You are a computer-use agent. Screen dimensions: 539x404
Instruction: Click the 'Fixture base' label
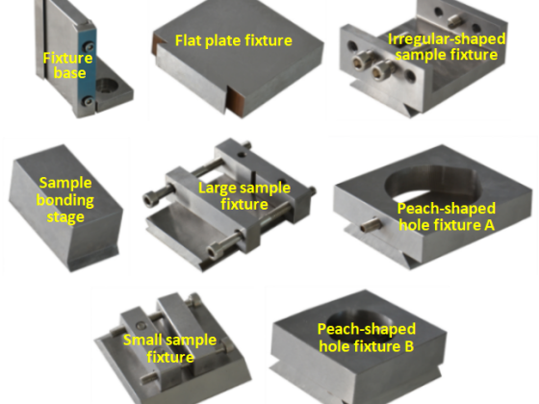click(x=68, y=65)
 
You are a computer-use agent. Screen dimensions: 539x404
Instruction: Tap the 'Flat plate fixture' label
click(x=233, y=40)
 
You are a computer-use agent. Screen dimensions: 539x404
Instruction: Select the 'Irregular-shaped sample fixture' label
click(x=447, y=47)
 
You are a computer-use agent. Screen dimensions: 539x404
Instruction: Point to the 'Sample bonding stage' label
click(x=65, y=200)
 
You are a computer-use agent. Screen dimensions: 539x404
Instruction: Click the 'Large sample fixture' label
click(x=244, y=196)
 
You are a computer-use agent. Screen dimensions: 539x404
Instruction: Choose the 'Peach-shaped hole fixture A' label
click(x=447, y=216)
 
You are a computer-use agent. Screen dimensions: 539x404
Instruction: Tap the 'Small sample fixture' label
click(x=169, y=348)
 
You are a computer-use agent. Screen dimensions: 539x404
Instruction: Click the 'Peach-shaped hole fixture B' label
click(x=367, y=338)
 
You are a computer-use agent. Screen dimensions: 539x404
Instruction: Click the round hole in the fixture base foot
click(x=106, y=86)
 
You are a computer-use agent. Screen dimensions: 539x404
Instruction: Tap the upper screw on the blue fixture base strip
click(x=89, y=46)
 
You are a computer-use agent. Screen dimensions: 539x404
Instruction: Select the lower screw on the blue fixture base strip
click(x=88, y=101)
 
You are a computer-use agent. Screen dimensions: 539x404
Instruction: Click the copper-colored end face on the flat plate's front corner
click(x=236, y=100)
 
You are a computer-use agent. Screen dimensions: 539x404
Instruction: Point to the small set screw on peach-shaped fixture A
click(x=372, y=225)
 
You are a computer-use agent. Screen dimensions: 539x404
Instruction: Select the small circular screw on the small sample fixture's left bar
click(x=140, y=326)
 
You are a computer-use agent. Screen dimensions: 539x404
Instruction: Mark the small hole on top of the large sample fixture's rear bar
click(x=242, y=155)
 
